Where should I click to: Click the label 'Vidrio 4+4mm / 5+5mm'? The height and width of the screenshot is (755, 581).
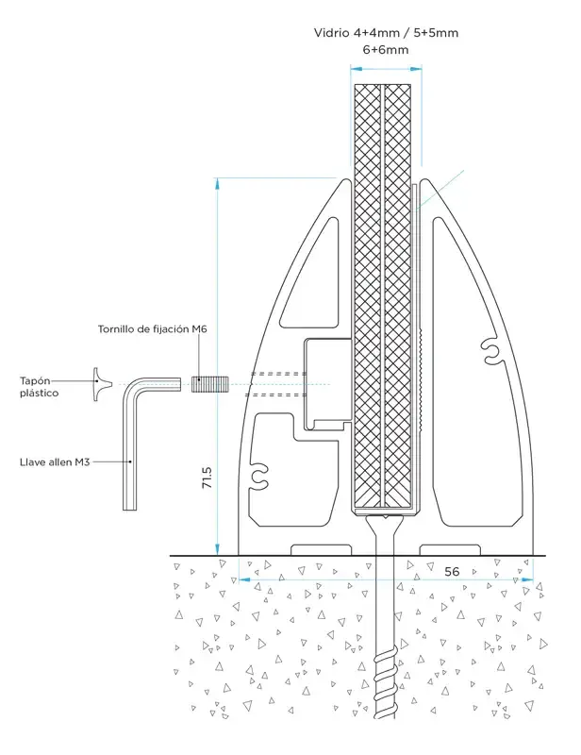(387, 33)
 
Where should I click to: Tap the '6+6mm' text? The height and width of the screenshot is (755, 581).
(388, 50)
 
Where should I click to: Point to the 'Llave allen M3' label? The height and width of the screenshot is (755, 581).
(54, 462)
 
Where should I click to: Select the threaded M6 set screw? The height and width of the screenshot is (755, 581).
(205, 384)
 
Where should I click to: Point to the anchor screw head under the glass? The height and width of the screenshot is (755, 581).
(382, 517)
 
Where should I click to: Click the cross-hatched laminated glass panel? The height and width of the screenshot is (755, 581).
(381, 283)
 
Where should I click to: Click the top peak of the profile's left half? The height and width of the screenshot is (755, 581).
(342, 179)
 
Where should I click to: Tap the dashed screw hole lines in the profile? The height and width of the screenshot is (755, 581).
(278, 384)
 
